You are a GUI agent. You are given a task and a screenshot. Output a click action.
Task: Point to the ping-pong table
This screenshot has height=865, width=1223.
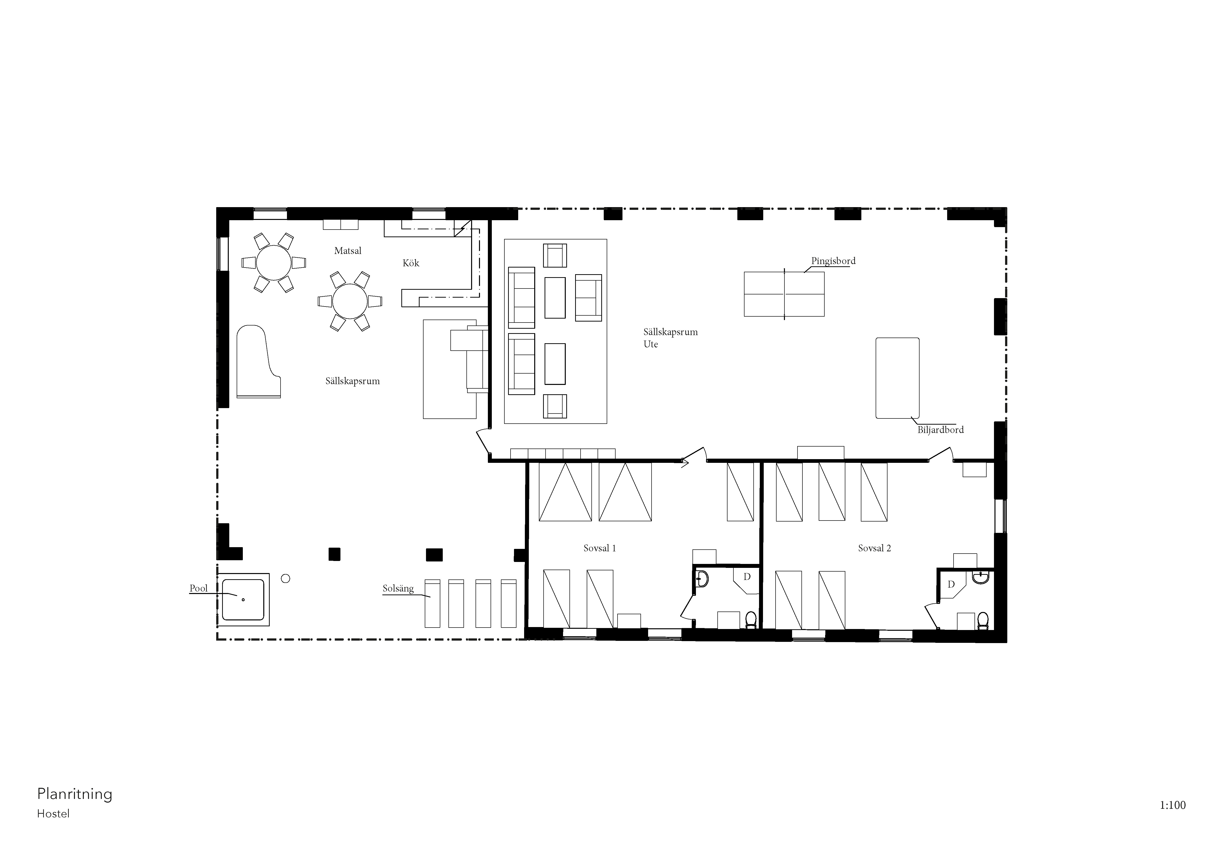(784, 294)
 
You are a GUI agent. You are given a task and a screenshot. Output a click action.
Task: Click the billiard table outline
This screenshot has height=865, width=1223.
(876, 378)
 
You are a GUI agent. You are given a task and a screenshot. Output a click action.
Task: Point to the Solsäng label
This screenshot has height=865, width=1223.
(398, 589)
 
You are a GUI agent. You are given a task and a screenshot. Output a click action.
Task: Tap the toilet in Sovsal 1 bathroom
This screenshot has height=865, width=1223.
(750, 620)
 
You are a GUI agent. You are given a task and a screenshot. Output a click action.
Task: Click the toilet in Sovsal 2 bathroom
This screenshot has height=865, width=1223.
(983, 620)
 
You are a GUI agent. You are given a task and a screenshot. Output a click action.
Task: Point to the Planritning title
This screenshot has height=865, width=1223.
(74, 794)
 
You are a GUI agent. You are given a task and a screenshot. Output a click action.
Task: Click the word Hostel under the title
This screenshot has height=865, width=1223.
(53, 814)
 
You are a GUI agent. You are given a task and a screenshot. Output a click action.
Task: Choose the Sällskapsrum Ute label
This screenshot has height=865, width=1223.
(670, 338)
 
